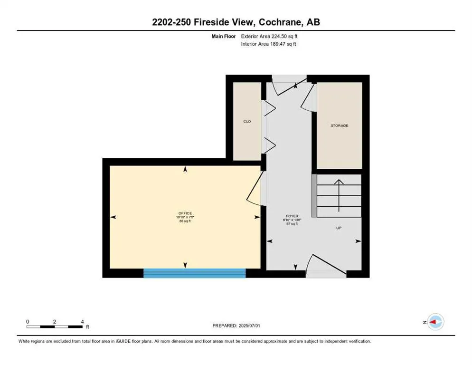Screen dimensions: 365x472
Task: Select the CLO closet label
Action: click(247, 122)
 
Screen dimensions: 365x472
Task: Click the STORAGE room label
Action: click(340, 125)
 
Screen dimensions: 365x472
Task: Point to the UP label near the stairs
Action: click(339, 228)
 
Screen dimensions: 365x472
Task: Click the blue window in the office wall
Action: click(195, 273)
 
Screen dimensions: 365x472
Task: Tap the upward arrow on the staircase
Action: click(339, 195)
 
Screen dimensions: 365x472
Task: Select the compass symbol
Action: click(435, 322)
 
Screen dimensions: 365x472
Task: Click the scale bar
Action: click(55, 327)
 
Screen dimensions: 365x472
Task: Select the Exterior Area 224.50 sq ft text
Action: click(269, 36)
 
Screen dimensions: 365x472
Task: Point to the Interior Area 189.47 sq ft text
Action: click(269, 44)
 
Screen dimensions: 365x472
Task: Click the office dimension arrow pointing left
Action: click(113, 217)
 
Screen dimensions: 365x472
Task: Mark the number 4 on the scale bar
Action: click(83, 322)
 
